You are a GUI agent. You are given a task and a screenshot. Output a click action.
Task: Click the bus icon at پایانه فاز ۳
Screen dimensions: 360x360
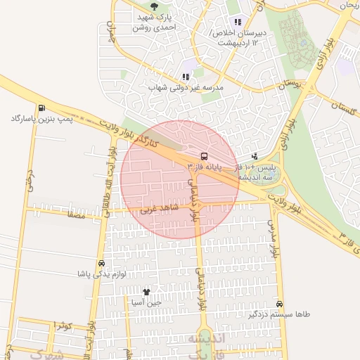point(204,155)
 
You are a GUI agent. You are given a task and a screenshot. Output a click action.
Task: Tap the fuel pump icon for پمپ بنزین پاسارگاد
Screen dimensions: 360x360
point(41,108)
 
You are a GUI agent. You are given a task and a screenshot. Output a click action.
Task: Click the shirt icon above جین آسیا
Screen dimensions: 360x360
point(146,291)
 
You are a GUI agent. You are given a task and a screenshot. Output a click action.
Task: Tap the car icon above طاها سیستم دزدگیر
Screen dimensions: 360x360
point(280,304)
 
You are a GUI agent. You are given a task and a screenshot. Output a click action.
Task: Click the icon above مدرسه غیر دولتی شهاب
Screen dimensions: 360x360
point(186,77)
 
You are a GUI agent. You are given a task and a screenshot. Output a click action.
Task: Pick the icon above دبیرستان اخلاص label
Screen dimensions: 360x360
point(238,21)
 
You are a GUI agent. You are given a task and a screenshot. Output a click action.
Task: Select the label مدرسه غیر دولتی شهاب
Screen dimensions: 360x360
point(186,88)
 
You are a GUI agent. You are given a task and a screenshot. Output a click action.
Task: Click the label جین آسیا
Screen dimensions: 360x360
point(146,302)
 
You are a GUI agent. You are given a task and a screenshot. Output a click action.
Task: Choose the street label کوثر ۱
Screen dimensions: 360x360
point(63,325)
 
